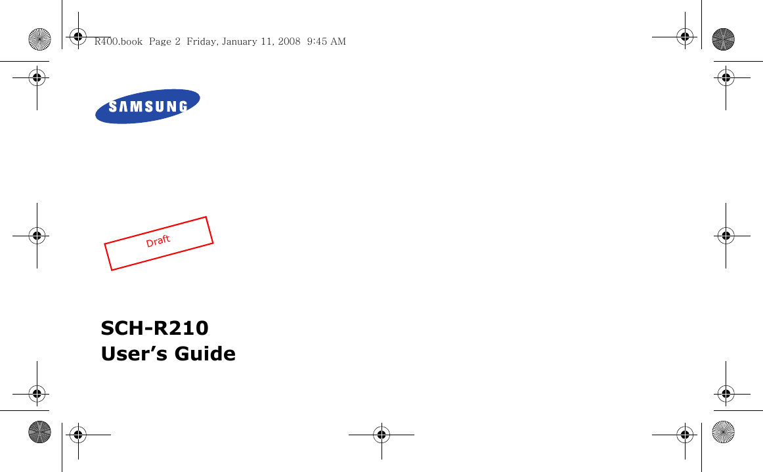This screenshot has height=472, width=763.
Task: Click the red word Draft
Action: click(x=158, y=241)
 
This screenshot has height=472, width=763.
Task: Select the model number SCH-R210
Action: click(x=154, y=327)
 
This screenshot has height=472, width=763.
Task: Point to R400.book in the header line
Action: click(x=118, y=41)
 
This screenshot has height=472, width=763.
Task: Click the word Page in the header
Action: click(x=161, y=41)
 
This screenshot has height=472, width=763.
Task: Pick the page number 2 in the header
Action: click(x=178, y=41)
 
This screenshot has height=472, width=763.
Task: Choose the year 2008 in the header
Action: click(x=289, y=41)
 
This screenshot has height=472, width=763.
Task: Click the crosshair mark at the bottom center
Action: click(x=381, y=434)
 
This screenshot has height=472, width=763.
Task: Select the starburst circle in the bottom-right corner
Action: click(x=723, y=432)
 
